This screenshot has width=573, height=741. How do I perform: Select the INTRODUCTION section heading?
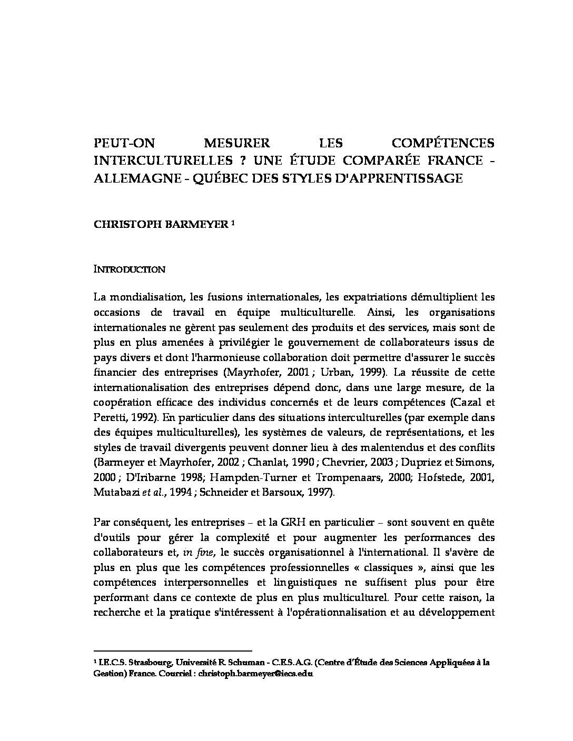(130, 269)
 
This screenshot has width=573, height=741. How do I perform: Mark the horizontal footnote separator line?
(172, 650)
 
